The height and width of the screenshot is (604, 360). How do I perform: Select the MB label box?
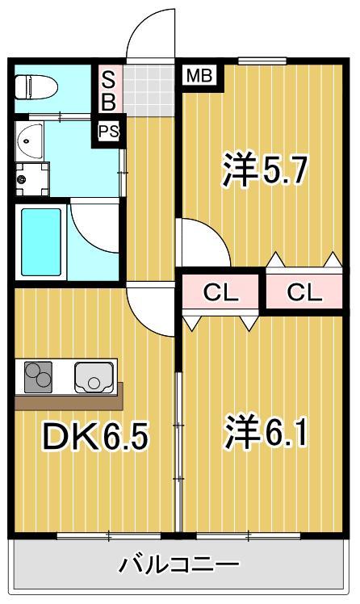[199, 77]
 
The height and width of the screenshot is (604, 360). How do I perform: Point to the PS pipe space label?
[108, 131]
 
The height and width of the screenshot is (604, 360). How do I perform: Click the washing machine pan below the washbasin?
[32, 178]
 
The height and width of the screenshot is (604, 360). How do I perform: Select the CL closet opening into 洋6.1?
[220, 293]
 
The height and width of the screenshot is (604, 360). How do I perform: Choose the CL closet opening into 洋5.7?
[304, 292]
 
